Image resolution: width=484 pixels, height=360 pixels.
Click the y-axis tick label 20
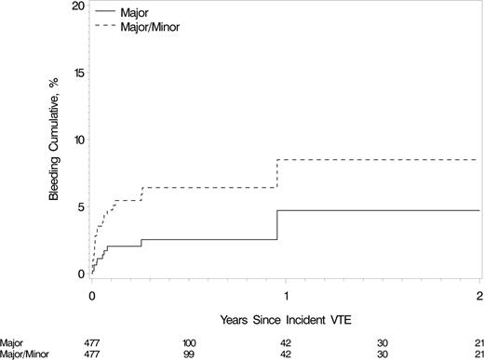click(x=75, y=6)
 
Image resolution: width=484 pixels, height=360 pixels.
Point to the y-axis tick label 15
click(x=75, y=73)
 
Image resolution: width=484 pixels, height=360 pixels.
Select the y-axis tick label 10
click(x=75, y=140)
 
